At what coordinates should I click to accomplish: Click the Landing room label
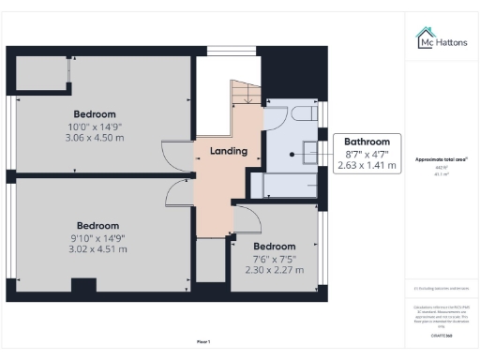click(228, 151)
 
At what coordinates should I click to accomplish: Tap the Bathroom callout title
click(367, 143)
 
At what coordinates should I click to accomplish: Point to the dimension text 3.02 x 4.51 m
click(97, 249)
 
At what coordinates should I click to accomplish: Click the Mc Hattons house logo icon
click(425, 38)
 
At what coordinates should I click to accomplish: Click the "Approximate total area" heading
click(442, 159)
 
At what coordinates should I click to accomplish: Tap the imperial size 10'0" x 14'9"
click(96, 127)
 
